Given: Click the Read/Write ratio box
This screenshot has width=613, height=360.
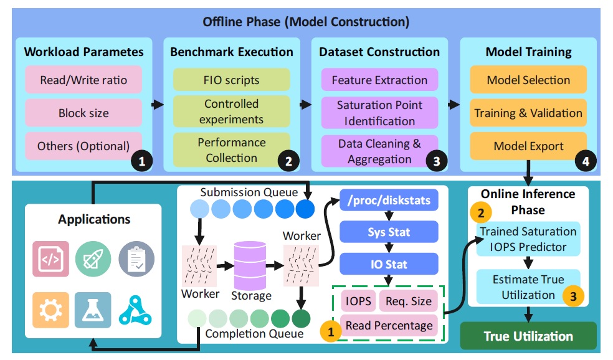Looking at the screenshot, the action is pos(83,80).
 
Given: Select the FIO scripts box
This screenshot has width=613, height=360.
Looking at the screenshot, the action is pos(232,80).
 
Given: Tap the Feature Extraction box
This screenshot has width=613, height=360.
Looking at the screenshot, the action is pos(379,80).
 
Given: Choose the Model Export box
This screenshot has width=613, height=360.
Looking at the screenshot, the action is pos(528,146).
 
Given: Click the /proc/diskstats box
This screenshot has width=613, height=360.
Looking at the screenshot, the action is pos(389,200).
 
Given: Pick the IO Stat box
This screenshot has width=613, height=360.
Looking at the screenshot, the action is pos(389,264).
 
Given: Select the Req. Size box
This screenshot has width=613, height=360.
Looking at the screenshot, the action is pos(408,301).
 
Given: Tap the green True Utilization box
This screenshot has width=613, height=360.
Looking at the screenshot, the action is pos(528,336).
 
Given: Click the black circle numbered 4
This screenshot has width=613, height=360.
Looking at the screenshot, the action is pos(585,161).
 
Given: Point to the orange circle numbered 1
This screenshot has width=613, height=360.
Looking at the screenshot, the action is pos(331,331).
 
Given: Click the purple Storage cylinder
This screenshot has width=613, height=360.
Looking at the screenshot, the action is pos(250,266).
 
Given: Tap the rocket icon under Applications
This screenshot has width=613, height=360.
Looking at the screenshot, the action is pos(93,258).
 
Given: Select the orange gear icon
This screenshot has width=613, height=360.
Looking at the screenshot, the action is pos(50,310).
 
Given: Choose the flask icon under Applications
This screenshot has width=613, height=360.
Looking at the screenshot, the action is pos(93,310).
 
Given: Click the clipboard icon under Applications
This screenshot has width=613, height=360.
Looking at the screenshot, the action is pos(136,258).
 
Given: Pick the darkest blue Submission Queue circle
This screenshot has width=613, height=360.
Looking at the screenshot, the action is pos(305,209).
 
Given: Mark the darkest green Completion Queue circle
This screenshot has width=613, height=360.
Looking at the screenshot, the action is pos(301,318).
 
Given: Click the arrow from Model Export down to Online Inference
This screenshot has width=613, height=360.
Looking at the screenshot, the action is pos(528,173).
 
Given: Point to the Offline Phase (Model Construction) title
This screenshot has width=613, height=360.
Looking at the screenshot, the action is pos(306,22).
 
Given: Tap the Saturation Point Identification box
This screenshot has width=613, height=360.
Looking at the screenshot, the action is pos(379,113).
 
